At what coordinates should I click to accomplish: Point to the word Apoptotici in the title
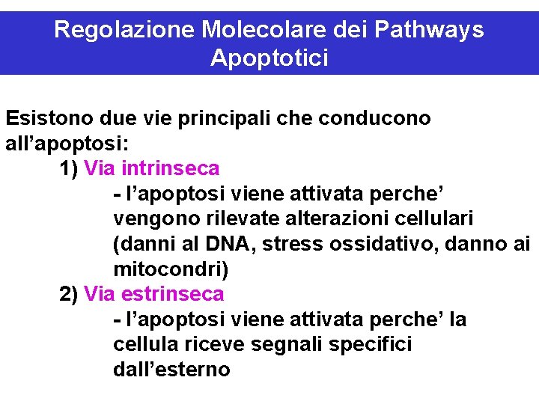(x=269, y=58)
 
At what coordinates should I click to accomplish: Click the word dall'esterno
(x=171, y=370)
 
